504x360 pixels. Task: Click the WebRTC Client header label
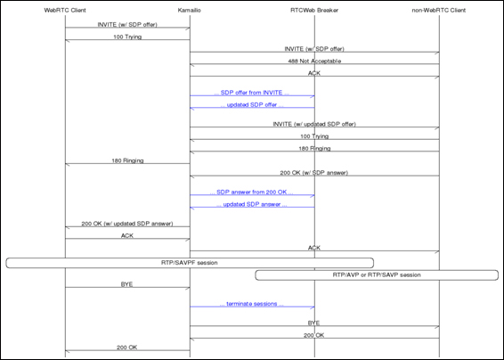point(65,10)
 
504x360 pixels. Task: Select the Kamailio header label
point(190,10)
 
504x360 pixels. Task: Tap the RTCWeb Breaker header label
point(314,10)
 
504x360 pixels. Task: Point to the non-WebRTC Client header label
point(439,10)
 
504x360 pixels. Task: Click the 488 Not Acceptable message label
point(314,61)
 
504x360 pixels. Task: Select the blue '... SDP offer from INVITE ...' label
point(252,93)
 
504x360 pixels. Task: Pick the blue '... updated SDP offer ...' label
point(252,104)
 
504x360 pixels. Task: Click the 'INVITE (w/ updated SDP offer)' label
point(314,126)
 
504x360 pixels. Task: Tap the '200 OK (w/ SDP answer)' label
point(314,171)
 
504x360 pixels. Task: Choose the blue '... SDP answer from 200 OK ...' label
point(252,192)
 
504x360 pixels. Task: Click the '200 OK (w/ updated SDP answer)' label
point(127,224)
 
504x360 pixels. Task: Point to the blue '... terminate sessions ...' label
point(252,303)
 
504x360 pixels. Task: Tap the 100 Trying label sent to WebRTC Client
point(127,38)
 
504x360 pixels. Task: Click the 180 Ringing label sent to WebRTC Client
point(127,160)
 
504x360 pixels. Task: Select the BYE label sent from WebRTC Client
point(127,283)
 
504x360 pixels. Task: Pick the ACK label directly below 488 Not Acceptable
point(314,72)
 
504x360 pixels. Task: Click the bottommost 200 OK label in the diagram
point(127,347)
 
